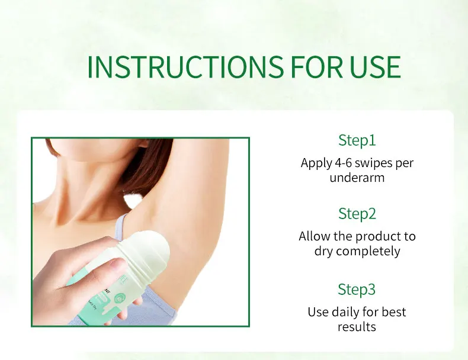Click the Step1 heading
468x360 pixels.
point(357,140)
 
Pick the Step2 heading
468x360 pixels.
point(357,213)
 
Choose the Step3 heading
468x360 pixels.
point(357,290)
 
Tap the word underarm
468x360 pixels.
point(357,178)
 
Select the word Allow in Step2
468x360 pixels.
point(314,236)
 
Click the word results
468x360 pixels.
point(357,326)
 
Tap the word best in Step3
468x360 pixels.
point(393,311)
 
